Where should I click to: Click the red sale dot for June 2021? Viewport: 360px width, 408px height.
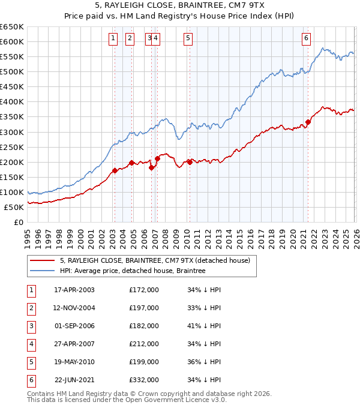(x=308, y=122)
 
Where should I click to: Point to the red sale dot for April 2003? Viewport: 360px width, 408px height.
(x=115, y=170)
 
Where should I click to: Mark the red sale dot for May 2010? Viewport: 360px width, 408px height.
(x=190, y=162)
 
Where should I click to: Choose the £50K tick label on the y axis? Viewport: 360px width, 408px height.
(x=14, y=207)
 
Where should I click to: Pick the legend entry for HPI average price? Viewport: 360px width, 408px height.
(x=133, y=271)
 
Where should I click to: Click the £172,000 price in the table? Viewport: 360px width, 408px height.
(x=144, y=290)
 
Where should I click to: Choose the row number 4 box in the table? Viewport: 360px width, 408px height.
(x=31, y=344)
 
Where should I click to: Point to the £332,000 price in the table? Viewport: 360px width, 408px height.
(x=144, y=379)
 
